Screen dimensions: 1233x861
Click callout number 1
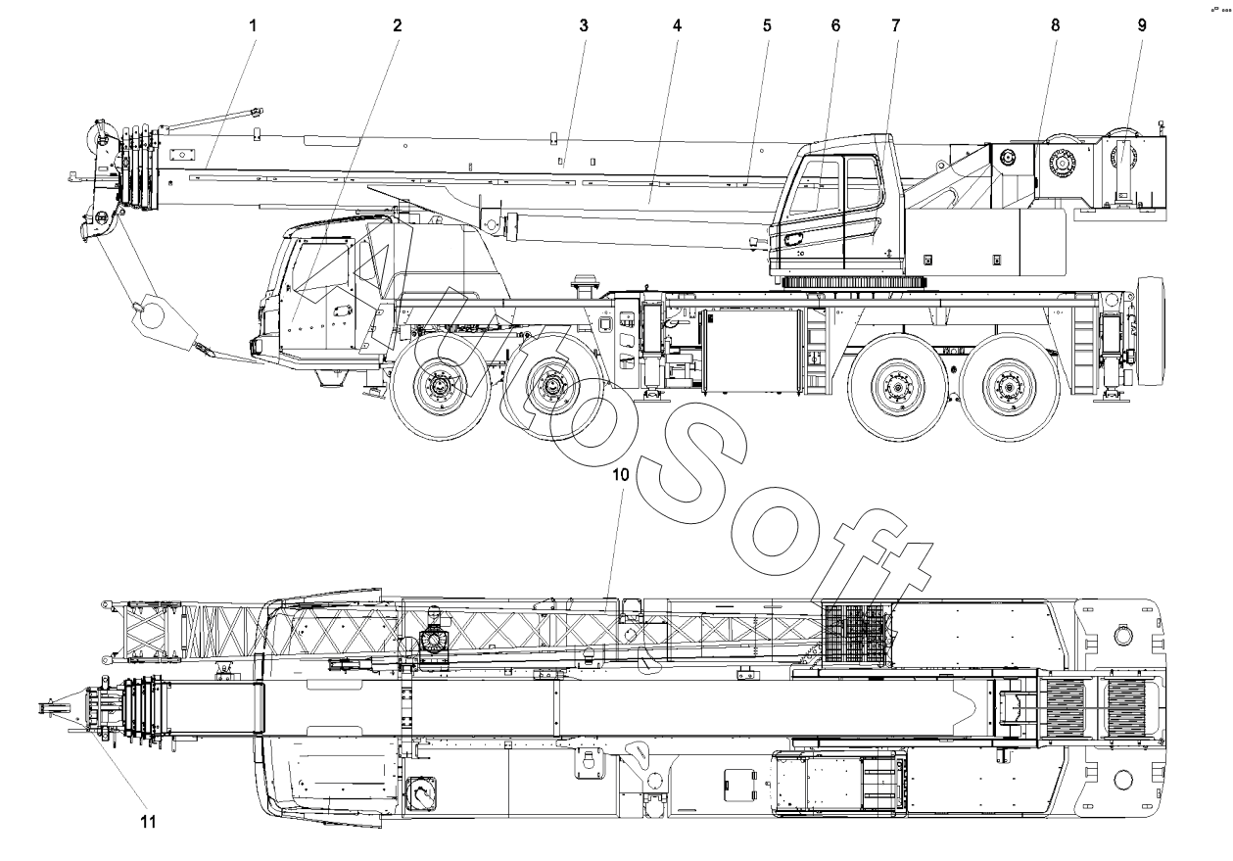pyautogui.click(x=253, y=25)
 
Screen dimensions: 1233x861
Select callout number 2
pyautogui.click(x=398, y=25)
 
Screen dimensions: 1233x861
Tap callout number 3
pyautogui.click(x=583, y=25)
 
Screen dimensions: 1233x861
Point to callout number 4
pyautogui.click(x=677, y=25)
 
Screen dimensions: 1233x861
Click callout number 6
pyautogui.click(x=835, y=25)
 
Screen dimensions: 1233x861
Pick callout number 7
pyautogui.click(x=895, y=25)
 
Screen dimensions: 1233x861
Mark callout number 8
pyautogui.click(x=1055, y=25)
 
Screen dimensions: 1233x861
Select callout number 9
pyautogui.click(x=1142, y=25)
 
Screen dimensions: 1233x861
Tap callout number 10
pyautogui.click(x=619, y=475)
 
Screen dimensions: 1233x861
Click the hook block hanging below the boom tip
pyautogui.click(x=162, y=318)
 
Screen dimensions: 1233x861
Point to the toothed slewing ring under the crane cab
pyautogui.click(x=854, y=282)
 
